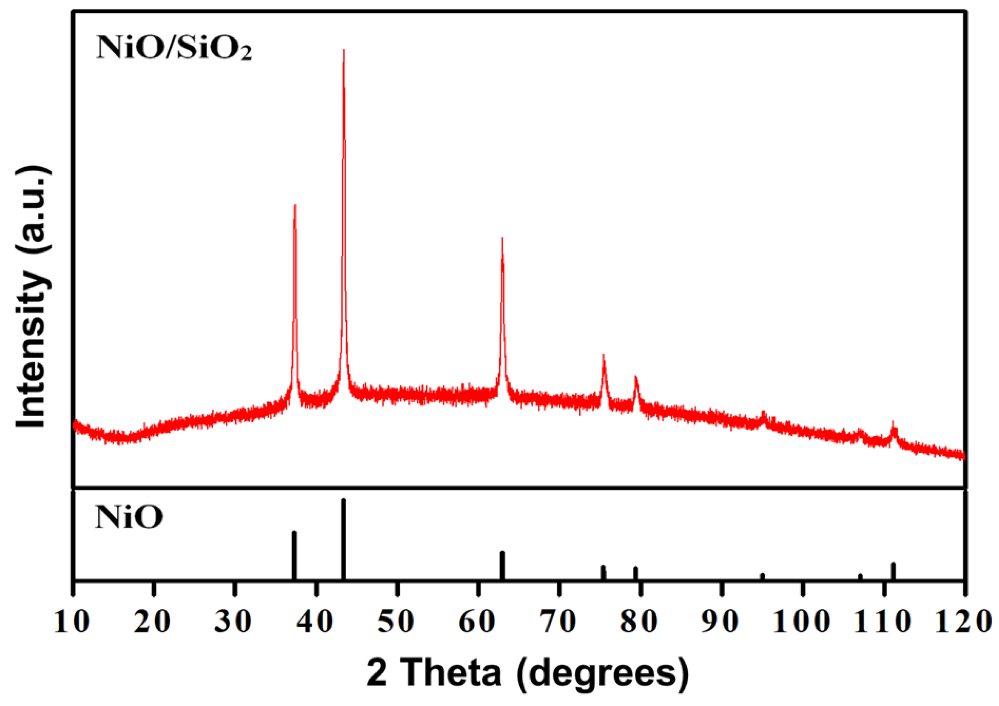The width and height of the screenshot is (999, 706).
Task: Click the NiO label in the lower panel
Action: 129,517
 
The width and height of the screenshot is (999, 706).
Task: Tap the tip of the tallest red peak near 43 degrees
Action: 344,51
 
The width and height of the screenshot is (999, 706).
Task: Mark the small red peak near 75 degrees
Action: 603,356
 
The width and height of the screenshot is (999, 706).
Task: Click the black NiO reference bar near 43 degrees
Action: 343,539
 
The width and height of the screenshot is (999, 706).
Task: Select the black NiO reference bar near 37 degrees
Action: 294,555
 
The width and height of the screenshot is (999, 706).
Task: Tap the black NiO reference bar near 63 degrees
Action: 502,565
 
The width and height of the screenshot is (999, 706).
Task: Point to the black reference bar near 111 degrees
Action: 893,571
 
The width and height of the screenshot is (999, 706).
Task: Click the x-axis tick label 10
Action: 72,622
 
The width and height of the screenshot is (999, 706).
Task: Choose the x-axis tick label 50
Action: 396,622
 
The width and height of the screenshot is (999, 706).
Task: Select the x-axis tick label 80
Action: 639,622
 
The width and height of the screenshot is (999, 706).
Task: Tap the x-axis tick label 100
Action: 801,622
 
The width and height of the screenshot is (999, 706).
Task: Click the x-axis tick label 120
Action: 963,622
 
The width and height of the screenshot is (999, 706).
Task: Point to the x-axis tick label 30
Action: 234,622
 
